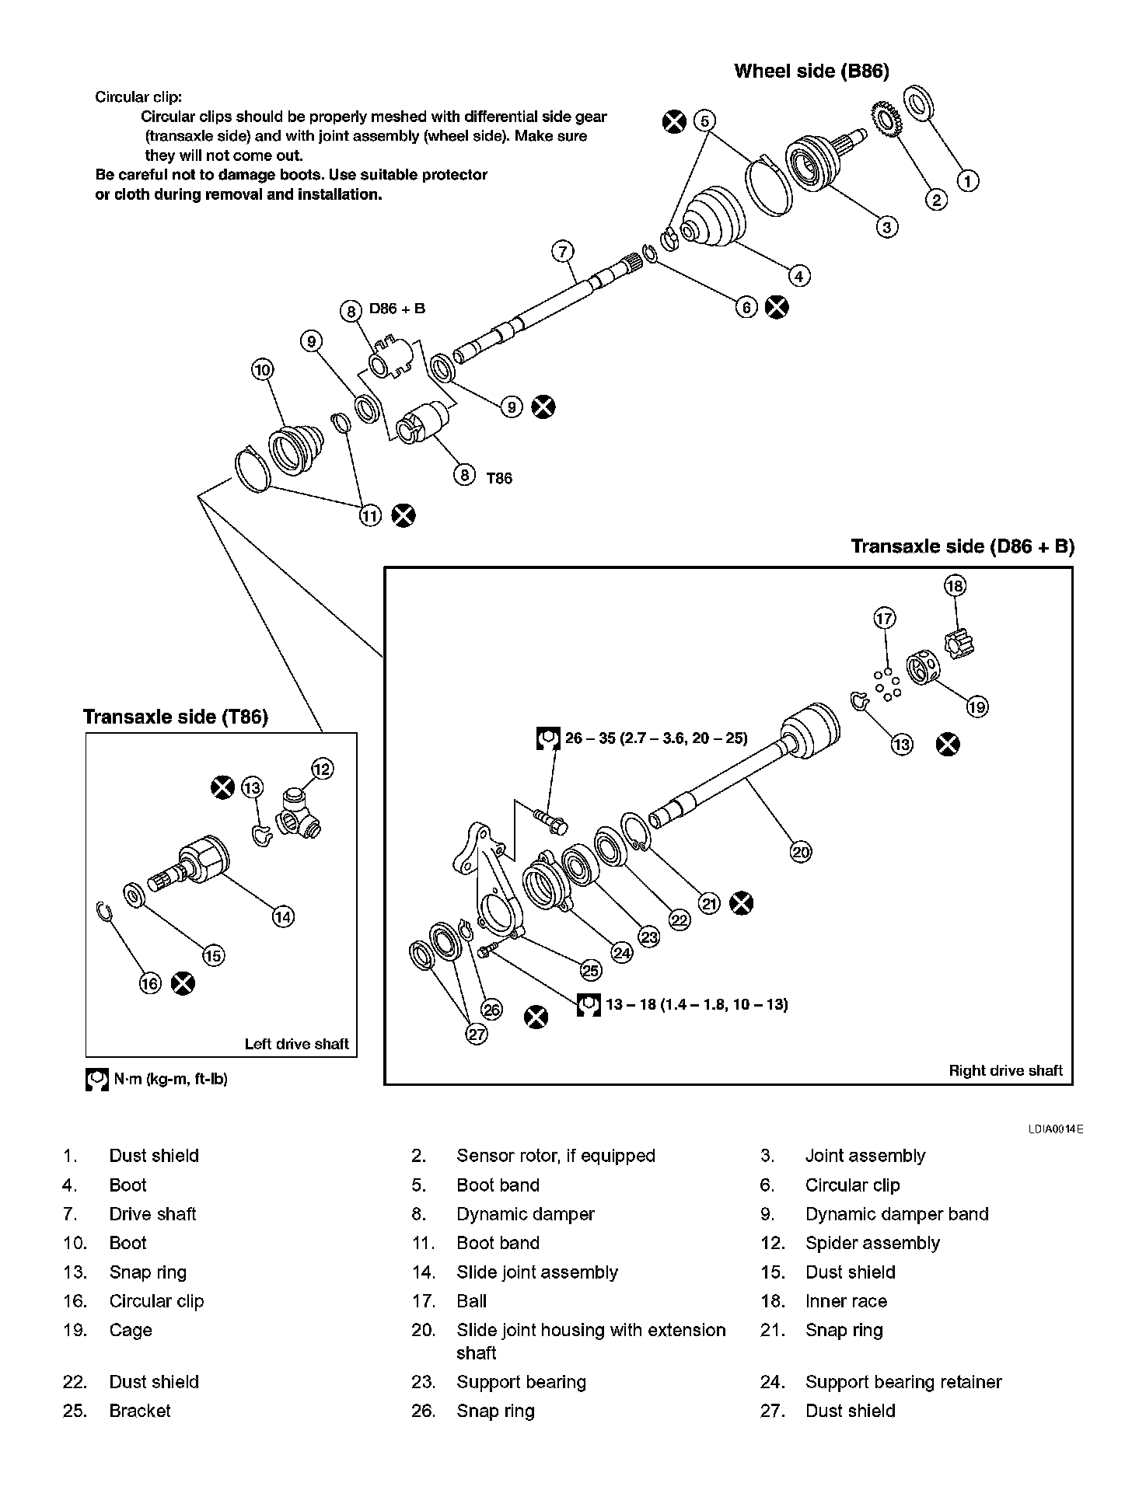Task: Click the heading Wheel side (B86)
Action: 811,72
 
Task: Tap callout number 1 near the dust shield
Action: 967,181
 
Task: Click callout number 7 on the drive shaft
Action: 562,251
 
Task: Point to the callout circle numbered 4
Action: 798,275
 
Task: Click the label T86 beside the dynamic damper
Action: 499,478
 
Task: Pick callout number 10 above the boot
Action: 263,369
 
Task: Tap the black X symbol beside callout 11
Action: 403,515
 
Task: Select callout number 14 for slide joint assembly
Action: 283,917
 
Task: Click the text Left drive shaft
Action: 296,1044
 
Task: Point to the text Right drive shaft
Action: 1004,1070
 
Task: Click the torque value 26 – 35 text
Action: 656,738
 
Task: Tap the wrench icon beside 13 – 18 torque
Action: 589,1005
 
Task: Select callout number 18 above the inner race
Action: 955,585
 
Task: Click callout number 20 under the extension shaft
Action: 801,852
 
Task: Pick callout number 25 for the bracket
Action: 591,970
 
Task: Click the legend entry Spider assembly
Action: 872,1243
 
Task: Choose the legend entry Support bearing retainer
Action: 903,1382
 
